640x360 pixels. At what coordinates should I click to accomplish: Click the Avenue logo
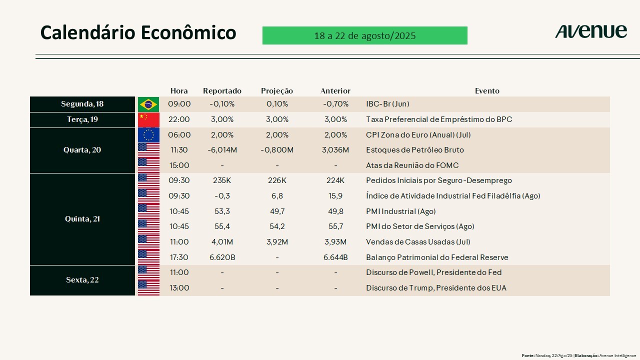[590, 31]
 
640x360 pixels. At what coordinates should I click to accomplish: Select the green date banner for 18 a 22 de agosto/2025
[364, 35]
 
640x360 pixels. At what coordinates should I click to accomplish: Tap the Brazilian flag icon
[148, 104]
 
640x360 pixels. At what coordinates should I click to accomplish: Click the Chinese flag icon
[148, 119]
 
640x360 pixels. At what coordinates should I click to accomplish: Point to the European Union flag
[148, 135]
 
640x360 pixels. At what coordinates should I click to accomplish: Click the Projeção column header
[277, 91]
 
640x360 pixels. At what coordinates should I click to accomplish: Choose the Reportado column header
[222, 91]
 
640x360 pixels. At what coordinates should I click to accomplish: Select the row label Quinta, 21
[82, 219]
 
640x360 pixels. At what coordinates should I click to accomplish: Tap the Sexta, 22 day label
[82, 280]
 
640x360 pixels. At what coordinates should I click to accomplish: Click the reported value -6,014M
[222, 150]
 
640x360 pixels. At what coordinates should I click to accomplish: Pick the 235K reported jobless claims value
[222, 180]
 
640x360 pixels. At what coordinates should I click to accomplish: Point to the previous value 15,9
[335, 196]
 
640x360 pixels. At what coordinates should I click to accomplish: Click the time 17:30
[179, 257]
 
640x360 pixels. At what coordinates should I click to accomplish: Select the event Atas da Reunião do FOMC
[412, 165]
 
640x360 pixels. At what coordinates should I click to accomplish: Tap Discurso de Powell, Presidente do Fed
[433, 272]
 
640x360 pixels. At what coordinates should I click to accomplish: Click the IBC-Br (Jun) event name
[387, 104]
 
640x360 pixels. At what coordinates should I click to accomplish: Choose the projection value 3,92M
[277, 242]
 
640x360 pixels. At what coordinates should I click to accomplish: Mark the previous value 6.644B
[335, 257]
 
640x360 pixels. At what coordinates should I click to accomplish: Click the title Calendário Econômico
[138, 32]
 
